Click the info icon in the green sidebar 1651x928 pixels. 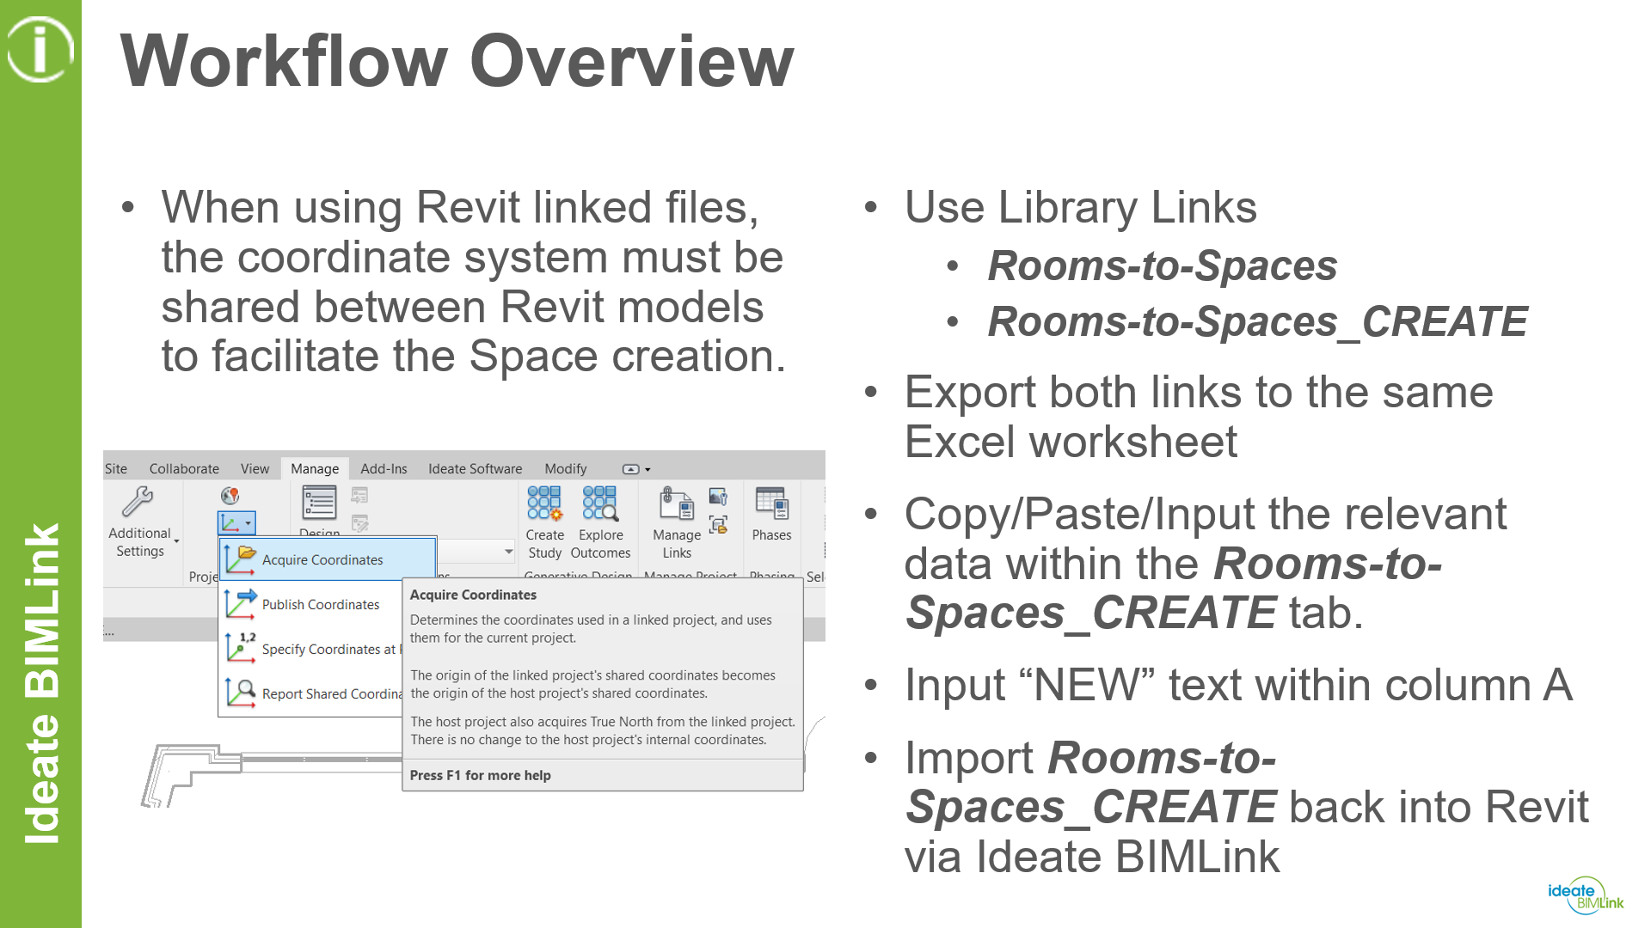coord(40,49)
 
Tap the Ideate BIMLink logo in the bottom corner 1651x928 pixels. coord(1585,896)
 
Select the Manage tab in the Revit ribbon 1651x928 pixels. coord(315,468)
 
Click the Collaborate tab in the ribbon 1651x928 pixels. coord(184,468)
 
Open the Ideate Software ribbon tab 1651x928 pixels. coord(475,468)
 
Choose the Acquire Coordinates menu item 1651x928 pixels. coord(322,559)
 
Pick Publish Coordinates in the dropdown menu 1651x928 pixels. coord(320,604)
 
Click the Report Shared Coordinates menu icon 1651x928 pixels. coord(241,693)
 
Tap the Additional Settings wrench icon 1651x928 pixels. coord(138,502)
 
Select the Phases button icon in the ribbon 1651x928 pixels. coord(771,504)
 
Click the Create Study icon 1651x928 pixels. coord(544,504)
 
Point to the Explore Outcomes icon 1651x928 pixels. coord(600,504)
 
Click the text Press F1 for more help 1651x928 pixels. coord(480,775)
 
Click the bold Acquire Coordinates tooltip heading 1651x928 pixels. coord(473,595)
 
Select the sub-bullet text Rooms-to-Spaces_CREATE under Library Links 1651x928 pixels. coord(1257,322)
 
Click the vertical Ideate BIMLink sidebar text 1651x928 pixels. coord(41,683)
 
